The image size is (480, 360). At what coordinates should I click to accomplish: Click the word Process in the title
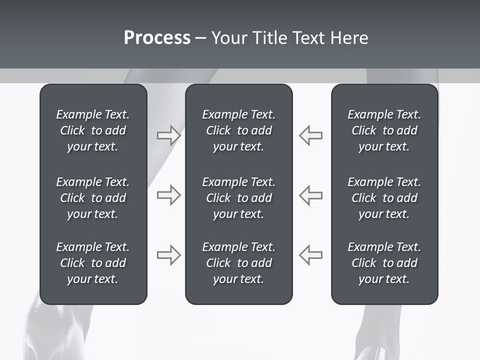[157, 38]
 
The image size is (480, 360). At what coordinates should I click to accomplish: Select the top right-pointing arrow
[168, 135]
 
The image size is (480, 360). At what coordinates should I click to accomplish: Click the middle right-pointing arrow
[168, 195]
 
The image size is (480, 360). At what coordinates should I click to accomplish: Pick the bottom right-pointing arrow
[168, 255]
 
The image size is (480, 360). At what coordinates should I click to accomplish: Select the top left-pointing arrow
[311, 135]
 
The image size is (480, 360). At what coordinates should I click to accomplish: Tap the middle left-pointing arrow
[311, 195]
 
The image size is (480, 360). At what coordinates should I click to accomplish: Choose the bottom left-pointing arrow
[311, 255]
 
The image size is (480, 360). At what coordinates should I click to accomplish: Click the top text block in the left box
[93, 130]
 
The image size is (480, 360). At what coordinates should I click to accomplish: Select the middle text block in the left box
[93, 198]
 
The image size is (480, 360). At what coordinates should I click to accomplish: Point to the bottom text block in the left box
[93, 263]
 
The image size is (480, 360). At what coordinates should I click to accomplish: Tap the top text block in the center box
[238, 130]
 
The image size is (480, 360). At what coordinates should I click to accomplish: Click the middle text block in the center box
[238, 198]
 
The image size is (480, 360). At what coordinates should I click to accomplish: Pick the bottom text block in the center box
[238, 263]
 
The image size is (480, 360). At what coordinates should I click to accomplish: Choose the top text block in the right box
[384, 130]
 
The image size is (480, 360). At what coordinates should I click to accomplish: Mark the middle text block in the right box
[384, 198]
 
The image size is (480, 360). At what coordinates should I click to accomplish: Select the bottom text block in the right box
[384, 263]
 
